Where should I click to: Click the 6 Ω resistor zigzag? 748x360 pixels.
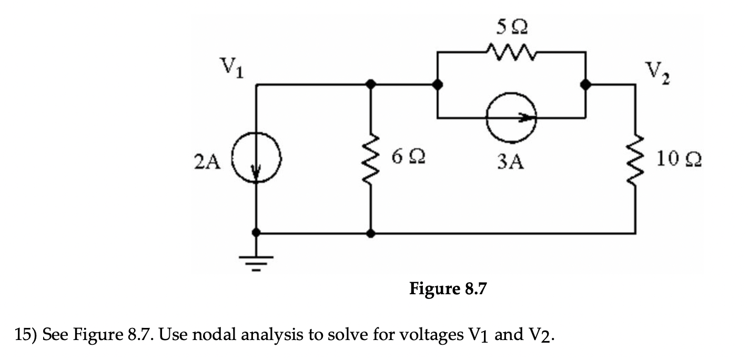[x=371, y=158]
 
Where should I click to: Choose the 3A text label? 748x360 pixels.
[x=511, y=163]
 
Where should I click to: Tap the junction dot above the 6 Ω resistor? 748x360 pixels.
[x=371, y=84]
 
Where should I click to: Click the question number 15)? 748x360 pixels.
[x=26, y=335]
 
